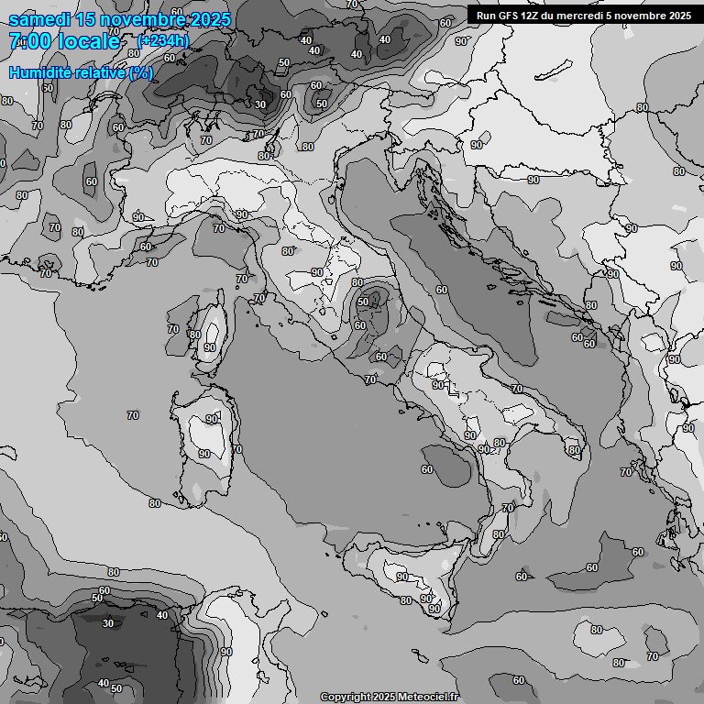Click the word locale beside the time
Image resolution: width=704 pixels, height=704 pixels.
click(x=88, y=41)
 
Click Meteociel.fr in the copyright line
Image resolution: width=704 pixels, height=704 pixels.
click(x=427, y=698)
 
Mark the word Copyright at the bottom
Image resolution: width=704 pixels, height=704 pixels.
click(x=346, y=698)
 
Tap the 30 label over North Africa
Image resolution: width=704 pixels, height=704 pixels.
click(x=108, y=623)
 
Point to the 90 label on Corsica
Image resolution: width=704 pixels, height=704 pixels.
click(x=210, y=347)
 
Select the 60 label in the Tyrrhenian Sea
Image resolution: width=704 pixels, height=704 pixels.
click(x=427, y=469)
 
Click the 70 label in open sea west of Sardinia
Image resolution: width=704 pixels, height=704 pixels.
click(x=133, y=415)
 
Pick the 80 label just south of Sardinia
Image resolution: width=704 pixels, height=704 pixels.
click(x=154, y=503)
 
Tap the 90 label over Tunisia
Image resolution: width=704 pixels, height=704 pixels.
click(x=226, y=652)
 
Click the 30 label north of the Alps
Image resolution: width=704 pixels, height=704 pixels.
click(x=260, y=104)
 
